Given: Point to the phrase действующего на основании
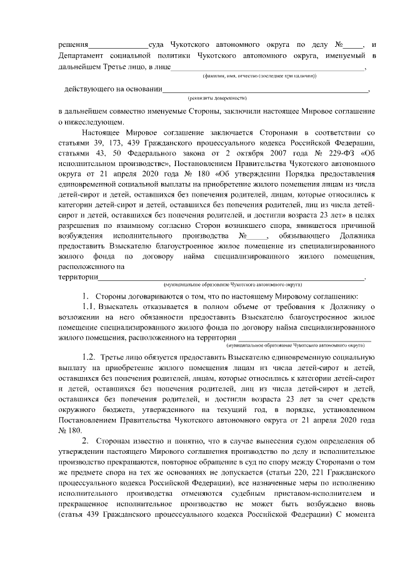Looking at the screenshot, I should pyautogui.click(x=112, y=89).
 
